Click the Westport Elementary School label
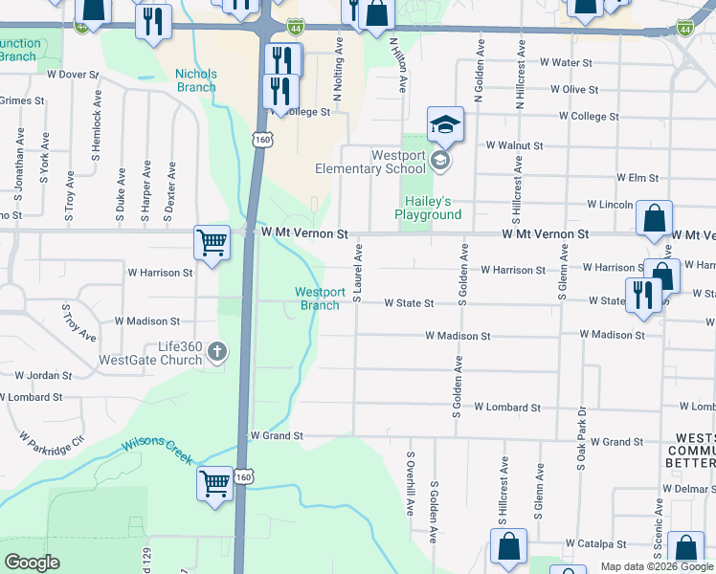pyautogui.click(x=369, y=163)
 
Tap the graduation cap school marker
pyautogui.click(x=445, y=124)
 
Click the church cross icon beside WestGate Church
pyautogui.click(x=217, y=351)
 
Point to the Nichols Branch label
pyautogui.click(x=195, y=80)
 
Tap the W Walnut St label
pyautogui.click(x=514, y=146)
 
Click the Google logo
pyautogui.click(x=33, y=563)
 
